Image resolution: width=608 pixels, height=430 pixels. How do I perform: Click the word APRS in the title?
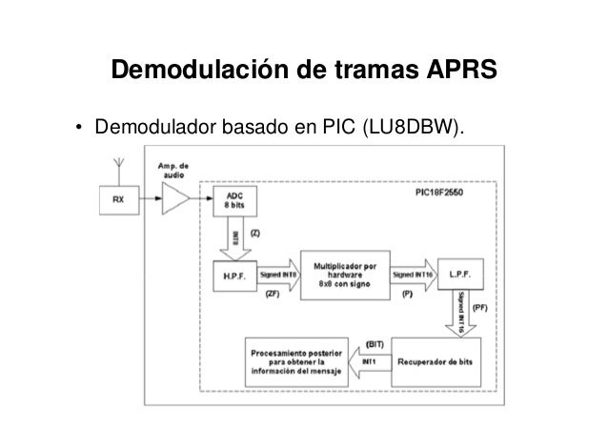455,72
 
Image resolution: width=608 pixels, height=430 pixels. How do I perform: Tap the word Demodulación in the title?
187,72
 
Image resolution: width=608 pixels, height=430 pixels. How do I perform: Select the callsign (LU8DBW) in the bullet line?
413,127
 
